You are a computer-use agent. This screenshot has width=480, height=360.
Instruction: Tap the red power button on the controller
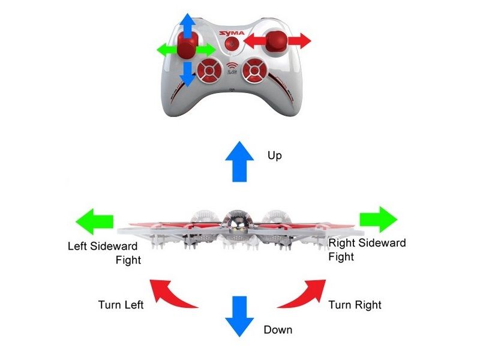(x=233, y=43)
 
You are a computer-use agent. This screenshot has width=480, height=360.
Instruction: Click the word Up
(x=274, y=156)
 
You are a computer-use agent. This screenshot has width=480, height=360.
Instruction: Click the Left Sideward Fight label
(x=104, y=253)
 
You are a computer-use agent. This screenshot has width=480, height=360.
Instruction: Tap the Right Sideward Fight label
(x=367, y=250)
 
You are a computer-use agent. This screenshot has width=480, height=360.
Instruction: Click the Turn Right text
(x=355, y=305)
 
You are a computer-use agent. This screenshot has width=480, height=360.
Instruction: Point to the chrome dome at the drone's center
(x=236, y=223)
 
